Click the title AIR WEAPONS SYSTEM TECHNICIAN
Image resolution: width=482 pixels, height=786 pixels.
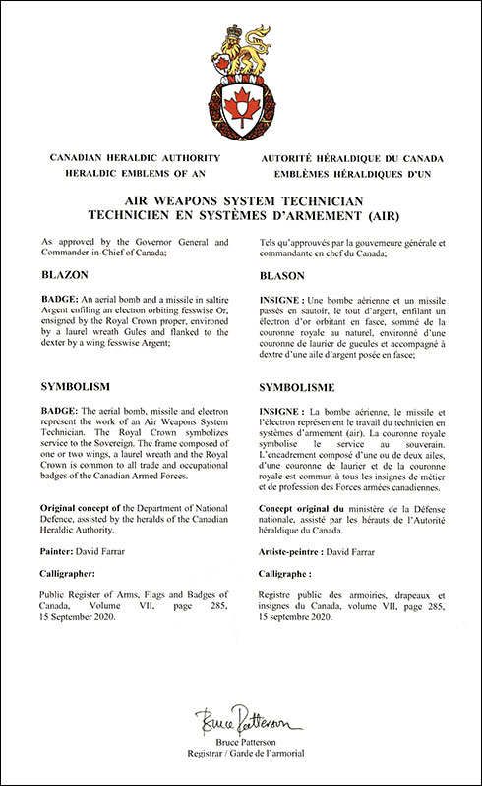click(x=241, y=197)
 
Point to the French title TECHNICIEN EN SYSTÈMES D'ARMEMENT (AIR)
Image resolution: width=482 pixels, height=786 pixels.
click(x=241, y=212)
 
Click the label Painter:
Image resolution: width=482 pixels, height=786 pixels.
click(x=61, y=550)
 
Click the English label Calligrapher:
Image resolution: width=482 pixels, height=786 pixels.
click(x=73, y=575)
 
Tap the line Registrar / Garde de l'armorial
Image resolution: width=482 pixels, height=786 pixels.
click(x=241, y=753)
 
